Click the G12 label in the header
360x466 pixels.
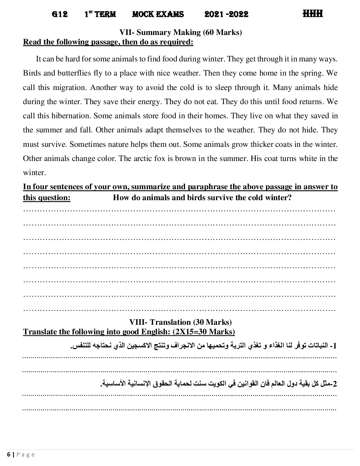[x=60, y=14]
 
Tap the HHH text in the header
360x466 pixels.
[x=313, y=14]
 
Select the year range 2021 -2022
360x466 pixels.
[x=226, y=14]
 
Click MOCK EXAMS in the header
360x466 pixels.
[x=158, y=14]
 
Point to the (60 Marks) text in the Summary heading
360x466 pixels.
[x=222, y=32]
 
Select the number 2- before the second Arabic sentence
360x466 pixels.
[x=334, y=383]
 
